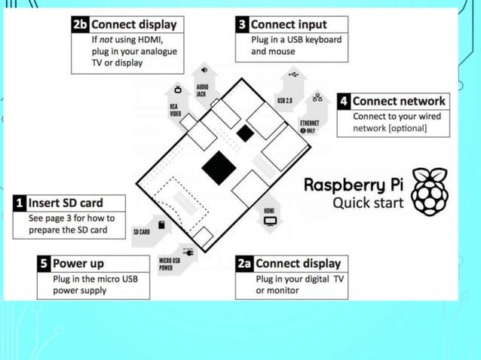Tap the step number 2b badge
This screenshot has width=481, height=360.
click(80, 25)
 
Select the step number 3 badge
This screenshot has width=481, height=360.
click(242, 25)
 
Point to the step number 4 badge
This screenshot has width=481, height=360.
click(344, 101)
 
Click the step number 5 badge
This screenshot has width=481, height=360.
click(44, 264)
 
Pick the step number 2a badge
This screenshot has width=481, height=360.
click(244, 264)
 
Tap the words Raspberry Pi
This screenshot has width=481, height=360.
click(353, 185)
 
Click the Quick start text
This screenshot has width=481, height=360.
click(368, 203)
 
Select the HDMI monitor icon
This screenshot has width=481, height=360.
click(270, 220)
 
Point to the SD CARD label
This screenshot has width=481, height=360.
click(141, 232)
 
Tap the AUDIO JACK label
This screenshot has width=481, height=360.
click(202, 90)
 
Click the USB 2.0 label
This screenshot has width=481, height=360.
click(285, 100)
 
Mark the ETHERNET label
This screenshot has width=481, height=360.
click(310, 122)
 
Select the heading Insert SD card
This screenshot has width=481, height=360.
click(65, 203)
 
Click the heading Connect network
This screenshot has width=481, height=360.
click(399, 101)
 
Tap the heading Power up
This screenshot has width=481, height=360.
click(78, 264)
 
